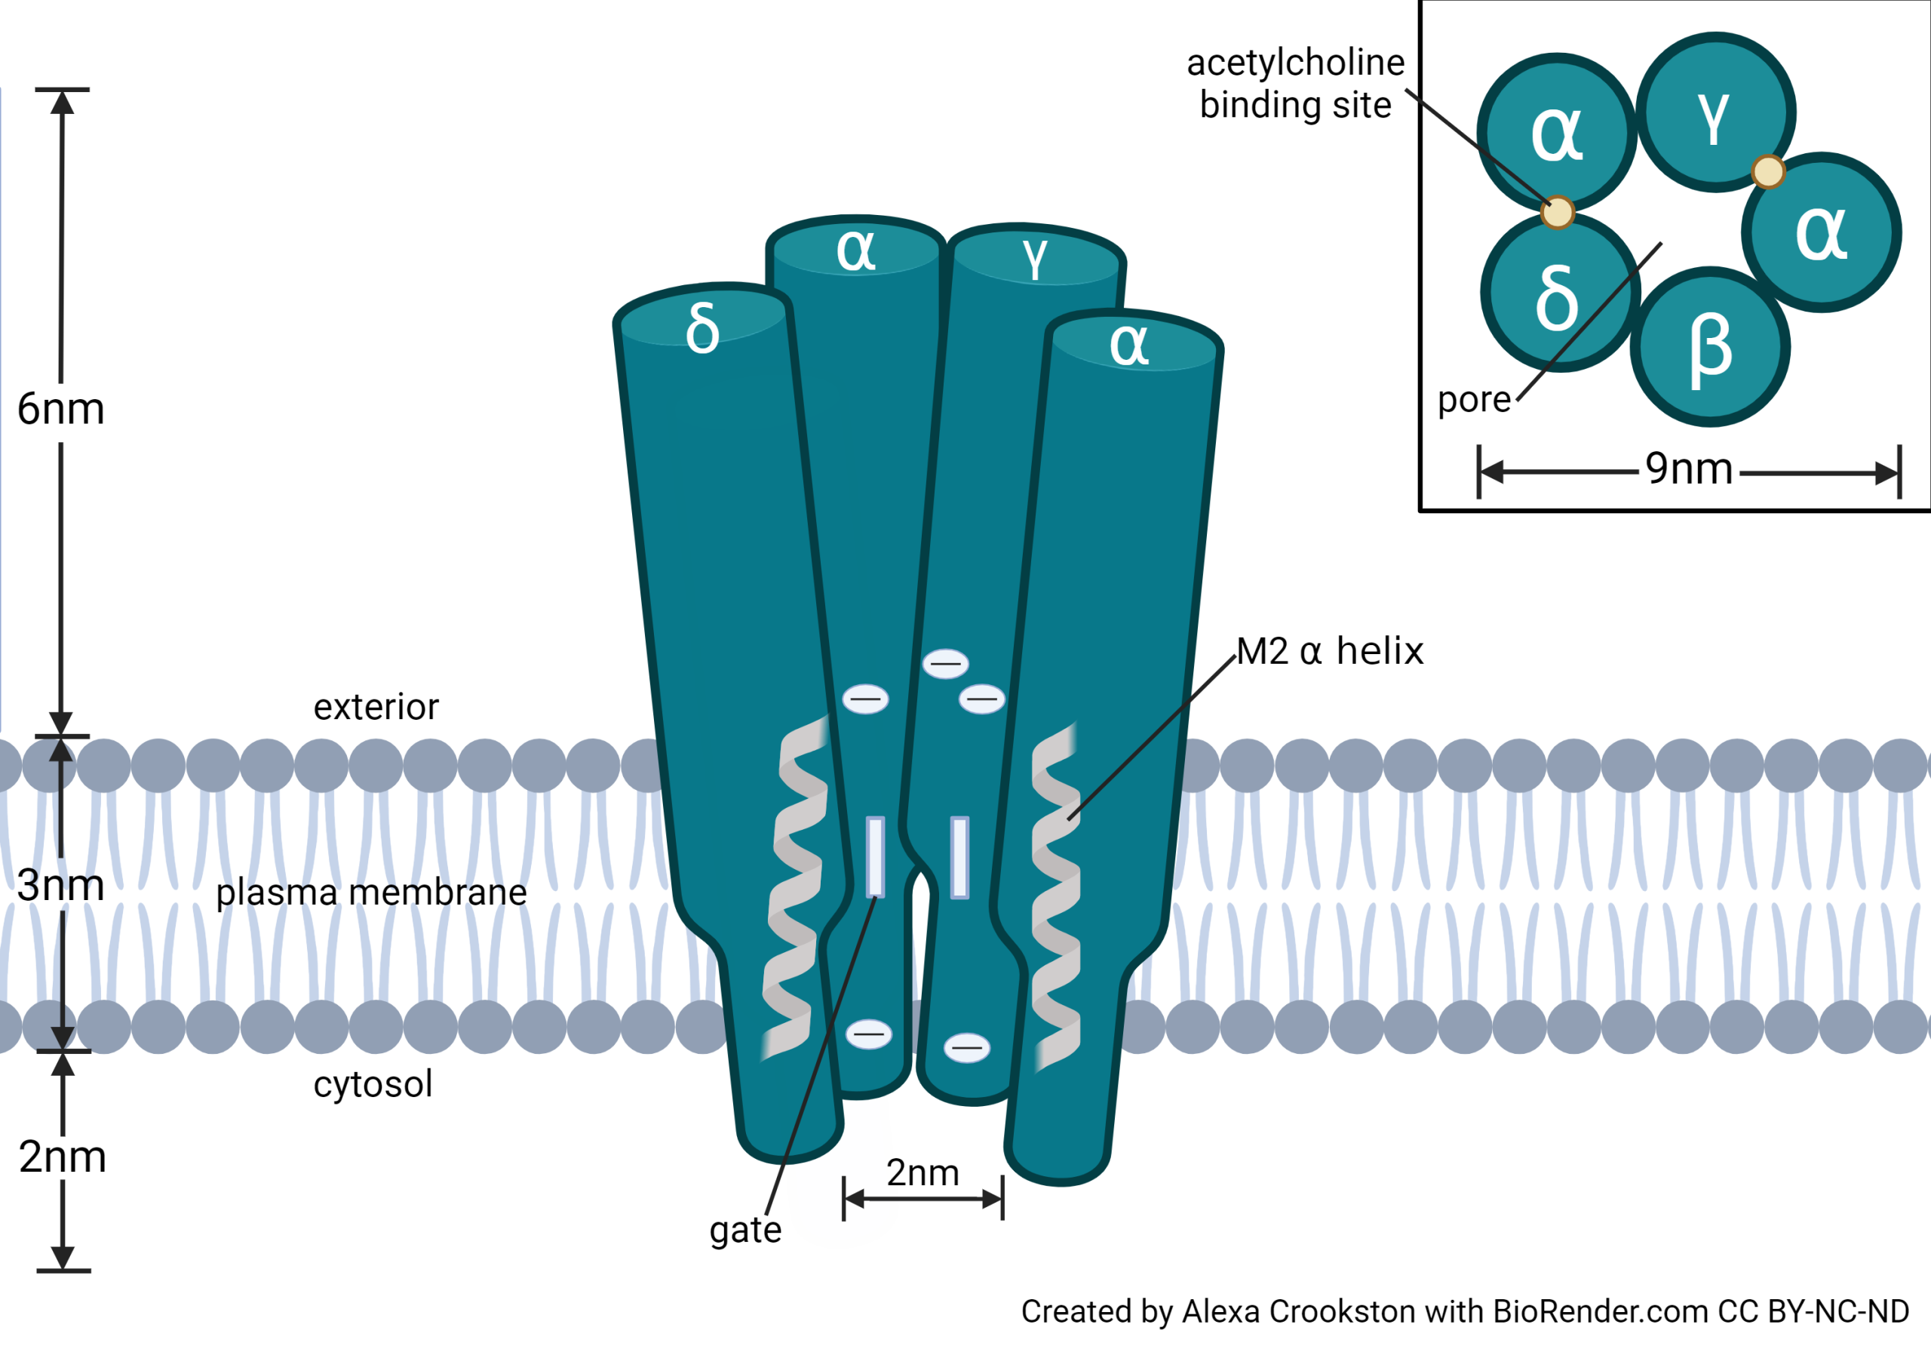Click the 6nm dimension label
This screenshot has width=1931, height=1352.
coord(60,410)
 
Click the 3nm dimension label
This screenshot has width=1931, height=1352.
coord(60,886)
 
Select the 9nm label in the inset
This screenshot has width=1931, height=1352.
coord(1689,469)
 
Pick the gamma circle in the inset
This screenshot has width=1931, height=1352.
coord(1716,112)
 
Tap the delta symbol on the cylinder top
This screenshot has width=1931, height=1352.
coord(702,328)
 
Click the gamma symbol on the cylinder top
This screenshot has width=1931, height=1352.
coord(1036,257)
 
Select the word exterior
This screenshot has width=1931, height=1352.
coord(376,708)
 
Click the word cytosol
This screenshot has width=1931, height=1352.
coord(373,1084)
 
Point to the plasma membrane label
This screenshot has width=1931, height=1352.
coord(371,893)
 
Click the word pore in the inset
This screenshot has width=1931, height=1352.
coord(1473,400)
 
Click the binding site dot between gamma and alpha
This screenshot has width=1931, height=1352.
coord(1768,171)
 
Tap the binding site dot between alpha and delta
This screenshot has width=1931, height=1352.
coord(1558,212)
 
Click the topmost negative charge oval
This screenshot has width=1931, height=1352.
coord(945,664)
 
